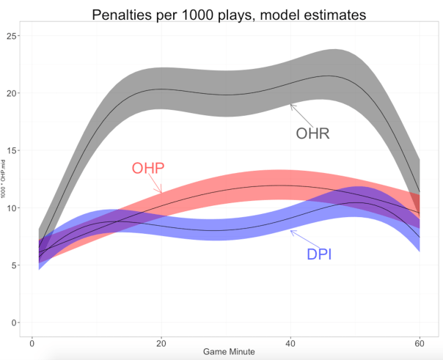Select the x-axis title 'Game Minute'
pyautogui.click(x=229, y=352)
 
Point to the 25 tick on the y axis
pyautogui.click(x=11, y=36)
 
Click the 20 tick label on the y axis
pyautogui.click(x=11, y=93)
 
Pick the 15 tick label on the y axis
pyautogui.click(x=11, y=150)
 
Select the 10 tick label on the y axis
pyautogui.click(x=11, y=207)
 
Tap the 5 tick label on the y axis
pyautogui.click(x=13, y=265)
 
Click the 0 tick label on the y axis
pyautogui.click(x=13, y=323)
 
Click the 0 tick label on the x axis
pyautogui.click(x=32, y=342)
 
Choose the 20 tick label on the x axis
pyautogui.click(x=161, y=342)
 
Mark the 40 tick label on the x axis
pyautogui.click(x=291, y=342)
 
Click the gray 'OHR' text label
pyautogui.click(x=312, y=133)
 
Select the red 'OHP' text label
pyautogui.click(x=147, y=168)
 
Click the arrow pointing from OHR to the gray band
pyautogui.click(x=301, y=115)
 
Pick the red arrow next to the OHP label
pyautogui.click(x=154, y=185)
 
